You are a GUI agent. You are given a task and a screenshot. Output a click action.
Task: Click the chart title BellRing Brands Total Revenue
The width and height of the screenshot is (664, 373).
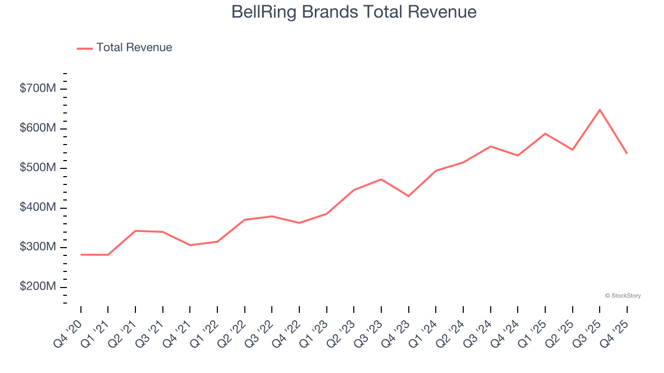[354, 12]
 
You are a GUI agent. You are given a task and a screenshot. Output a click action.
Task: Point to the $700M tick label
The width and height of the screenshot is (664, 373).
[37, 89]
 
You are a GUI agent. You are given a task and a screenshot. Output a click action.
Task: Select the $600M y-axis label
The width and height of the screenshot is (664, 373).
[37, 128]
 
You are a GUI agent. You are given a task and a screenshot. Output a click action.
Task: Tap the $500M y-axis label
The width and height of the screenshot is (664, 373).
[37, 168]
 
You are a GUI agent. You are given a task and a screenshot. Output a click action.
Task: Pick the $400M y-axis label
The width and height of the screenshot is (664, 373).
[37, 208]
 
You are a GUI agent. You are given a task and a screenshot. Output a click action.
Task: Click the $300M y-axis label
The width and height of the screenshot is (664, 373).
[37, 248]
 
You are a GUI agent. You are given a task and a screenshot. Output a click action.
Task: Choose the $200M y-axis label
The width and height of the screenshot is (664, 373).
[37, 287]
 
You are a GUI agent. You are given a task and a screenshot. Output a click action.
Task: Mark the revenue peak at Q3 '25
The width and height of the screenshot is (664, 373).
[600, 110]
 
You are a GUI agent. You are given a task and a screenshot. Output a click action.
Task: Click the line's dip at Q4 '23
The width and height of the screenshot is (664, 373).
[409, 196]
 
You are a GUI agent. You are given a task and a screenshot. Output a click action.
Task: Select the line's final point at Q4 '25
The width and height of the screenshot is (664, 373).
[627, 153]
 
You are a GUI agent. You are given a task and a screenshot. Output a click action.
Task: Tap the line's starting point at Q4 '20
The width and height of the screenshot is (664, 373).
[81, 254]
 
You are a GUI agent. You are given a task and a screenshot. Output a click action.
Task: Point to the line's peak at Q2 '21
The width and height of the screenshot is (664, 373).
[135, 231]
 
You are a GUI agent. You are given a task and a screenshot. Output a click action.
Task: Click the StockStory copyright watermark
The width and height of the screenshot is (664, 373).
[622, 296]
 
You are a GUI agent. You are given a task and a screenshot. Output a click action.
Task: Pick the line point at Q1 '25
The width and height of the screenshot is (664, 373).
[545, 134]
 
